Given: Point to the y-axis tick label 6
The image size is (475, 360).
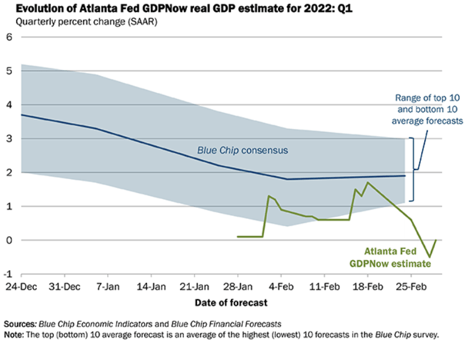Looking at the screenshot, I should tap(9, 37).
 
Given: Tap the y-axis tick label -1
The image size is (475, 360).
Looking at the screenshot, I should tap(8, 274).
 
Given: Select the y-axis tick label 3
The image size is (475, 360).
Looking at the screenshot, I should tap(9, 139).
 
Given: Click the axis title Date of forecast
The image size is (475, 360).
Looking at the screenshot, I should tap(231, 302).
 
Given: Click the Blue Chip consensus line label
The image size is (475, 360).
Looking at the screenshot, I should tap(242, 150).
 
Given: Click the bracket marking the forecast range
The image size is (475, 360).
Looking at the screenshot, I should tap(413, 169).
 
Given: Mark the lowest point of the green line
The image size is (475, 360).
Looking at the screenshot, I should tap(430, 257).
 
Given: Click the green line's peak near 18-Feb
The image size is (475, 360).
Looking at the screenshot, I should tap(368, 183).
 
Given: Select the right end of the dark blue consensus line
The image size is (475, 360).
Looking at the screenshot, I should tap(404, 175).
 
